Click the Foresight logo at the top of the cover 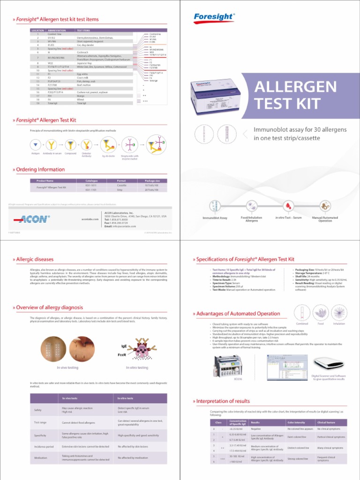click(214, 17)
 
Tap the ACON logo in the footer click(30, 219)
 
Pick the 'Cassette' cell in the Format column click(121, 186)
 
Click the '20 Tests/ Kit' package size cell click(152, 190)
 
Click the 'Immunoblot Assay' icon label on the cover click(215, 218)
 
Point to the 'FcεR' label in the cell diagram click(121, 355)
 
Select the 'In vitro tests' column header click(127, 398)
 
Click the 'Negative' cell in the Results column click(256, 429)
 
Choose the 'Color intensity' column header click(296, 422)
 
